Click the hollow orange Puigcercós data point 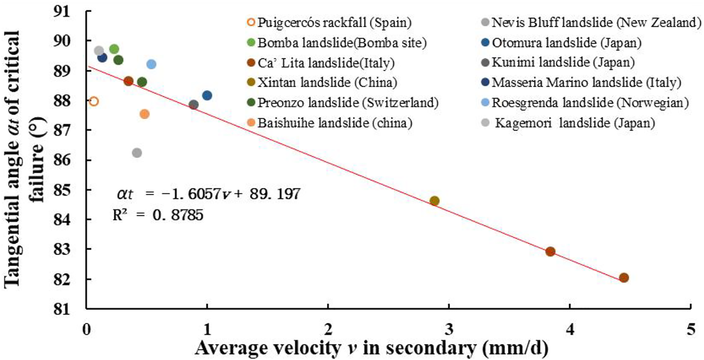pos(94,101)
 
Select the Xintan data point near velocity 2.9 pos(434,201)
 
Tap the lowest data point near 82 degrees pos(624,278)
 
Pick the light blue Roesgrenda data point pos(151,64)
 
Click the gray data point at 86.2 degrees pos(137,152)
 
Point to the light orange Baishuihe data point pos(144,114)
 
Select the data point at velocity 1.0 pos(207,96)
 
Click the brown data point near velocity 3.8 pos(550,251)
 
